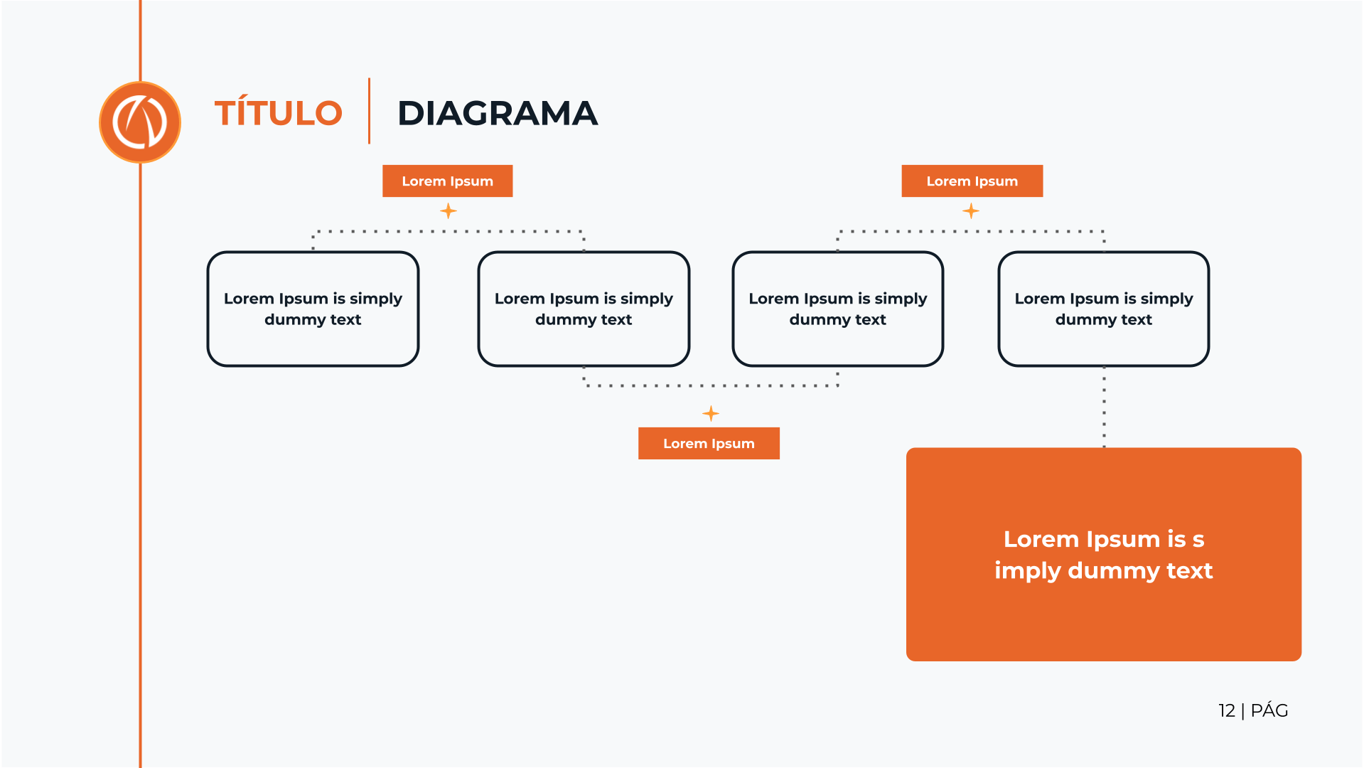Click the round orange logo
(140, 122)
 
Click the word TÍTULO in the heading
(279, 114)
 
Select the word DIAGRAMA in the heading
(498, 114)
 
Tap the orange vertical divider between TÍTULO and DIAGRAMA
(369, 111)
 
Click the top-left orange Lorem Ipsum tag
(447, 181)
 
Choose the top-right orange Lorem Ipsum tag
(972, 181)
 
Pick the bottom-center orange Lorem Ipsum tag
(709, 444)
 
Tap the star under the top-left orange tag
(449, 211)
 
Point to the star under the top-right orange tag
(971, 211)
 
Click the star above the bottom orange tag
(711, 413)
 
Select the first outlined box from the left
(313, 309)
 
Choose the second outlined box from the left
(584, 309)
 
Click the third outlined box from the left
(838, 309)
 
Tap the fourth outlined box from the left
(1104, 309)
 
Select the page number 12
(1227, 710)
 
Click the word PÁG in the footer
(1269, 710)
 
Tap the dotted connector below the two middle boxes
(711, 385)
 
